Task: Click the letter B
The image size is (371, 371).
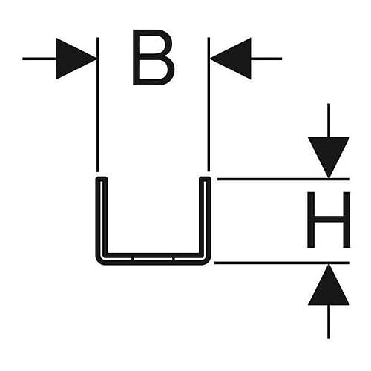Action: [x=154, y=58]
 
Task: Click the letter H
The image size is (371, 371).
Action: [x=329, y=220]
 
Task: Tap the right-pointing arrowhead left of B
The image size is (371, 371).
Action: [x=76, y=59]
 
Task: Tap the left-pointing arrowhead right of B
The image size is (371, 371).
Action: [x=231, y=59]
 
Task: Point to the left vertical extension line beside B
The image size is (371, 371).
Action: [x=98, y=105]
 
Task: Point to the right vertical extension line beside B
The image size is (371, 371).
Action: [x=209, y=105]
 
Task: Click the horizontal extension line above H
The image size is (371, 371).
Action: [x=283, y=179]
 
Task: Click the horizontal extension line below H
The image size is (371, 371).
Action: [x=282, y=263]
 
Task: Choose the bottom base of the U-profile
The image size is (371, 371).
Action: [x=154, y=259]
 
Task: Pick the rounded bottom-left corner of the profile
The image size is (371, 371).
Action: [x=99, y=261]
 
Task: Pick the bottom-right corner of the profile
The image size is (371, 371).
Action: [x=208, y=261]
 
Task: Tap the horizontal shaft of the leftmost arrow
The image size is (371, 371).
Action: [x=39, y=59]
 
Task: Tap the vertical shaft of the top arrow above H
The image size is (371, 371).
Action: [x=329, y=120]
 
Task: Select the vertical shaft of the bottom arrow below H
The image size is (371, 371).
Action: [x=329, y=321]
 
